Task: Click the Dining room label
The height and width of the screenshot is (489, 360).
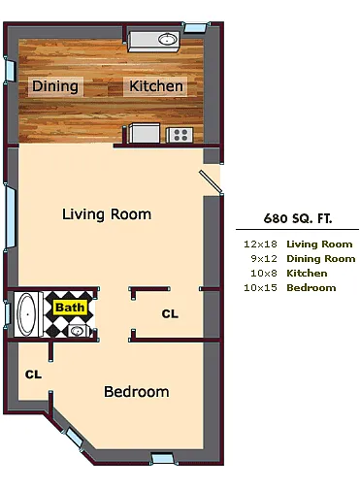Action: (55, 86)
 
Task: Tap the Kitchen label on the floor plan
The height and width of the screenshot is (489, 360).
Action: (156, 86)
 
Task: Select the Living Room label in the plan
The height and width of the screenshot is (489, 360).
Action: (106, 213)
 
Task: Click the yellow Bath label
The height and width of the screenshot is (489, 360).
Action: (70, 308)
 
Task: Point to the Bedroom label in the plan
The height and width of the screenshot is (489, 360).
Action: (137, 392)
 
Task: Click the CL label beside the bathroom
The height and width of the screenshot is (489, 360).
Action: (170, 314)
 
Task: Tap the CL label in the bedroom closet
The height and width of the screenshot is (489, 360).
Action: (33, 374)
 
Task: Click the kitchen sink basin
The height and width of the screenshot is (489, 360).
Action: (167, 40)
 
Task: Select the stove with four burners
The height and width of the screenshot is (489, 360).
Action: (180, 136)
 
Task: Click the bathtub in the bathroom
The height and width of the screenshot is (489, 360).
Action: (26, 313)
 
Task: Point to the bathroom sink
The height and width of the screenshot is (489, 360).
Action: (78, 330)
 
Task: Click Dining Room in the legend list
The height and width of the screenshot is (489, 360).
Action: (320, 259)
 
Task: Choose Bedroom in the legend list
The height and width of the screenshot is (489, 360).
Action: (311, 288)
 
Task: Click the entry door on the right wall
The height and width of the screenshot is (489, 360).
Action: (211, 181)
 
